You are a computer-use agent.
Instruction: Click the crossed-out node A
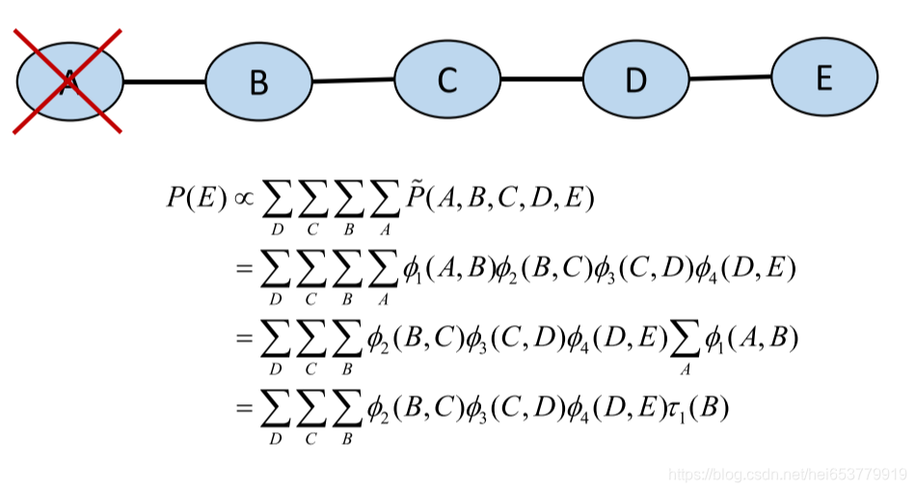tap(69, 81)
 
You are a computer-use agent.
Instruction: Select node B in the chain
tap(258, 82)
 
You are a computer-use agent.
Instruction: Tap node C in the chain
tap(446, 80)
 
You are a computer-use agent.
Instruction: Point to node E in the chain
tap(823, 77)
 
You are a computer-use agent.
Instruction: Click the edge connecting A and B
tap(164, 82)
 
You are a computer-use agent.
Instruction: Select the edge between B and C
tap(353, 81)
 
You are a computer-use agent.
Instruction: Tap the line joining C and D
tap(541, 80)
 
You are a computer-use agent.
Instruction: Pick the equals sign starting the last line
tap(245, 408)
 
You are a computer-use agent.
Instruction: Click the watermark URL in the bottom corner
tap(787, 474)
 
